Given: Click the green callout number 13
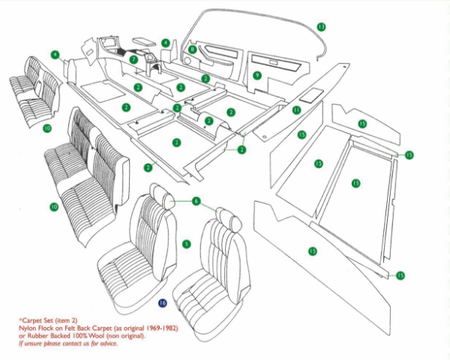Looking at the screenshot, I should pos(321,27).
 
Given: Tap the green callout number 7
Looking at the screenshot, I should pos(133,59).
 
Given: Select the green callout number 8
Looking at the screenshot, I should pos(193,49).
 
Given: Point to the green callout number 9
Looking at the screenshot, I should pos(256,75).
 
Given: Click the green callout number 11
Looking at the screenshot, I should pos(296,110).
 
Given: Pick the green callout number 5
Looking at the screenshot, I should pos(187,244).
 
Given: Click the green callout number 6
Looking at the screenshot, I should pos(196,201).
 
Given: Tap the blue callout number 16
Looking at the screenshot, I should pos(163,303).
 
